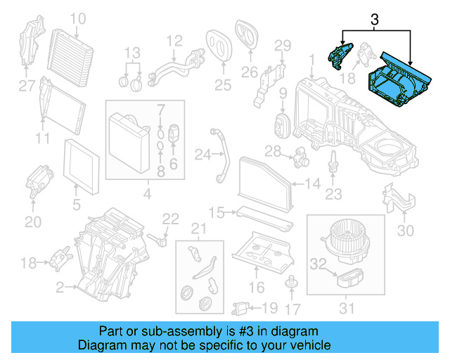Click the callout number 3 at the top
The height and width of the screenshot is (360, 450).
(x=374, y=22)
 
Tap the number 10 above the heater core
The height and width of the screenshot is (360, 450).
(x=78, y=18)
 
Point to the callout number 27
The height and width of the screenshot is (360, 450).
(x=26, y=86)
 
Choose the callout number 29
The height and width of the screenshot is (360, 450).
(x=282, y=46)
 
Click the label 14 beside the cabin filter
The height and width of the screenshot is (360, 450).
(x=313, y=184)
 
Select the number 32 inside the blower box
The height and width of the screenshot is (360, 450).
(x=319, y=264)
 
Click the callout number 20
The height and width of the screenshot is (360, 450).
(x=33, y=221)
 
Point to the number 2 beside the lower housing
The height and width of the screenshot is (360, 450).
(x=60, y=287)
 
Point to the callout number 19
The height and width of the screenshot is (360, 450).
(x=269, y=307)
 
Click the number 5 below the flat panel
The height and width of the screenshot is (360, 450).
(x=77, y=207)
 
